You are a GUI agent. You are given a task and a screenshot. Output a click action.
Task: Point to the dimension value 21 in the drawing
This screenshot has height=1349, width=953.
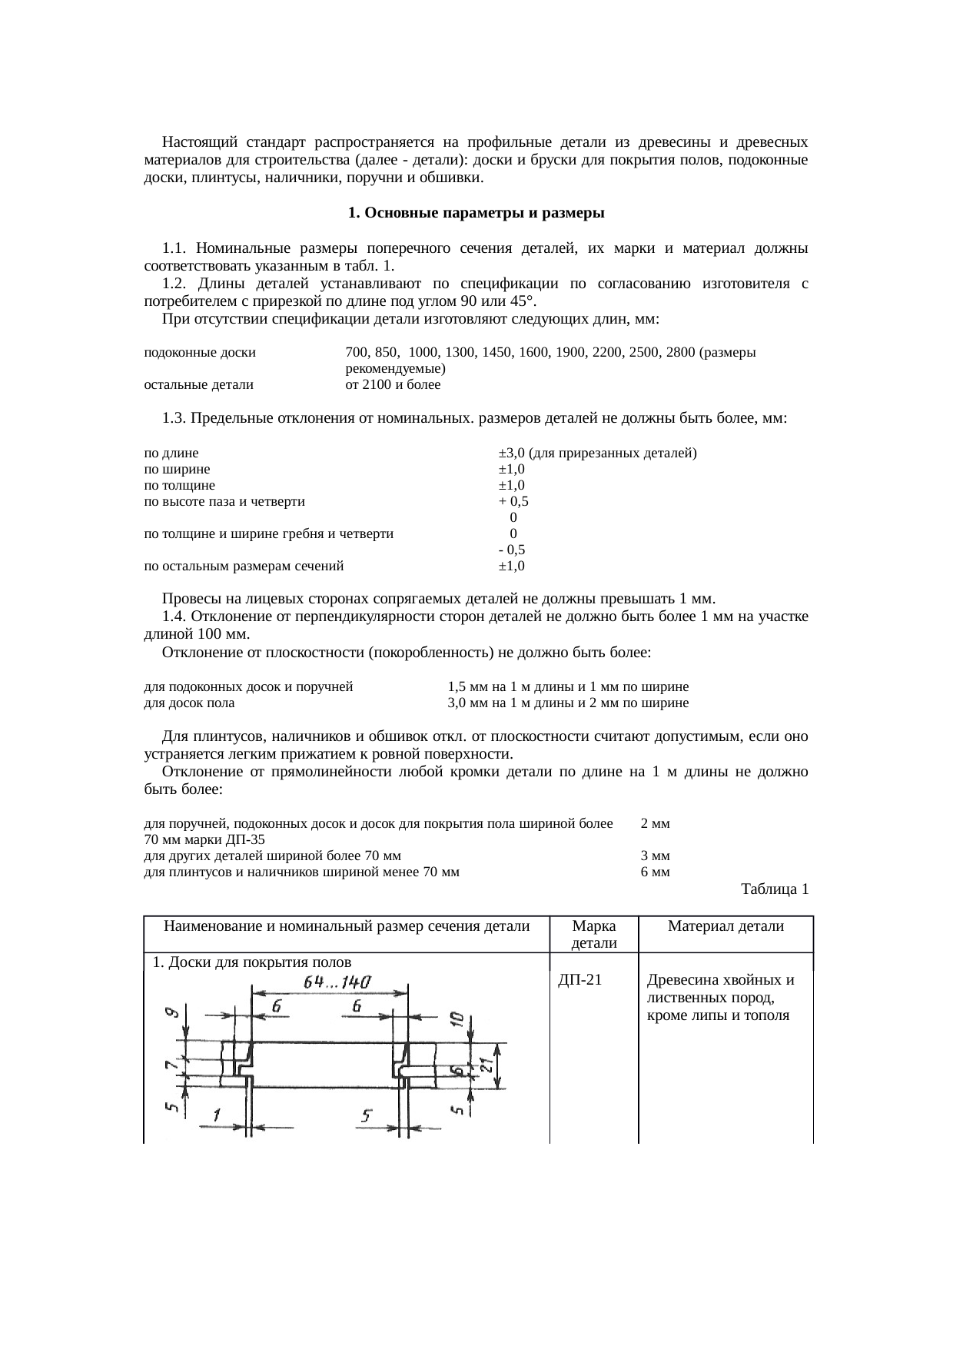[x=486, y=1065]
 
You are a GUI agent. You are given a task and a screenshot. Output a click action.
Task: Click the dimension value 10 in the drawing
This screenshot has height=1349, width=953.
[x=457, y=1019]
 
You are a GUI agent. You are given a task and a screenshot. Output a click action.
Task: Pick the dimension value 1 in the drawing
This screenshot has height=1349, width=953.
[x=217, y=1114]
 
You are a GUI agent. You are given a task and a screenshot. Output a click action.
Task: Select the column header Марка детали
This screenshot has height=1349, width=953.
[x=594, y=934]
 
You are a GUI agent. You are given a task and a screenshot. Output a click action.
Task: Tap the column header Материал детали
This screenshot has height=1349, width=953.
[x=726, y=926]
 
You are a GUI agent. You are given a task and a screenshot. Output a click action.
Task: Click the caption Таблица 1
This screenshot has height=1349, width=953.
[x=774, y=889]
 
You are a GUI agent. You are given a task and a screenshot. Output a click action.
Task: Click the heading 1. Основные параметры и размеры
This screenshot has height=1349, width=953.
[x=476, y=212]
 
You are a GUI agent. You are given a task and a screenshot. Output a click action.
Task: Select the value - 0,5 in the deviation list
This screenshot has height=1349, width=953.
[x=512, y=550]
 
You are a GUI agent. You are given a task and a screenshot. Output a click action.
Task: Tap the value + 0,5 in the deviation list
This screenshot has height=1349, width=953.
[x=513, y=501]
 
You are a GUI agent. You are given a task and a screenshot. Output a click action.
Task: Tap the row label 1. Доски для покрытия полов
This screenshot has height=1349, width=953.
[x=252, y=962]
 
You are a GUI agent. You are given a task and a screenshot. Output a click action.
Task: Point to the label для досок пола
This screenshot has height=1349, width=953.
[x=189, y=703]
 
